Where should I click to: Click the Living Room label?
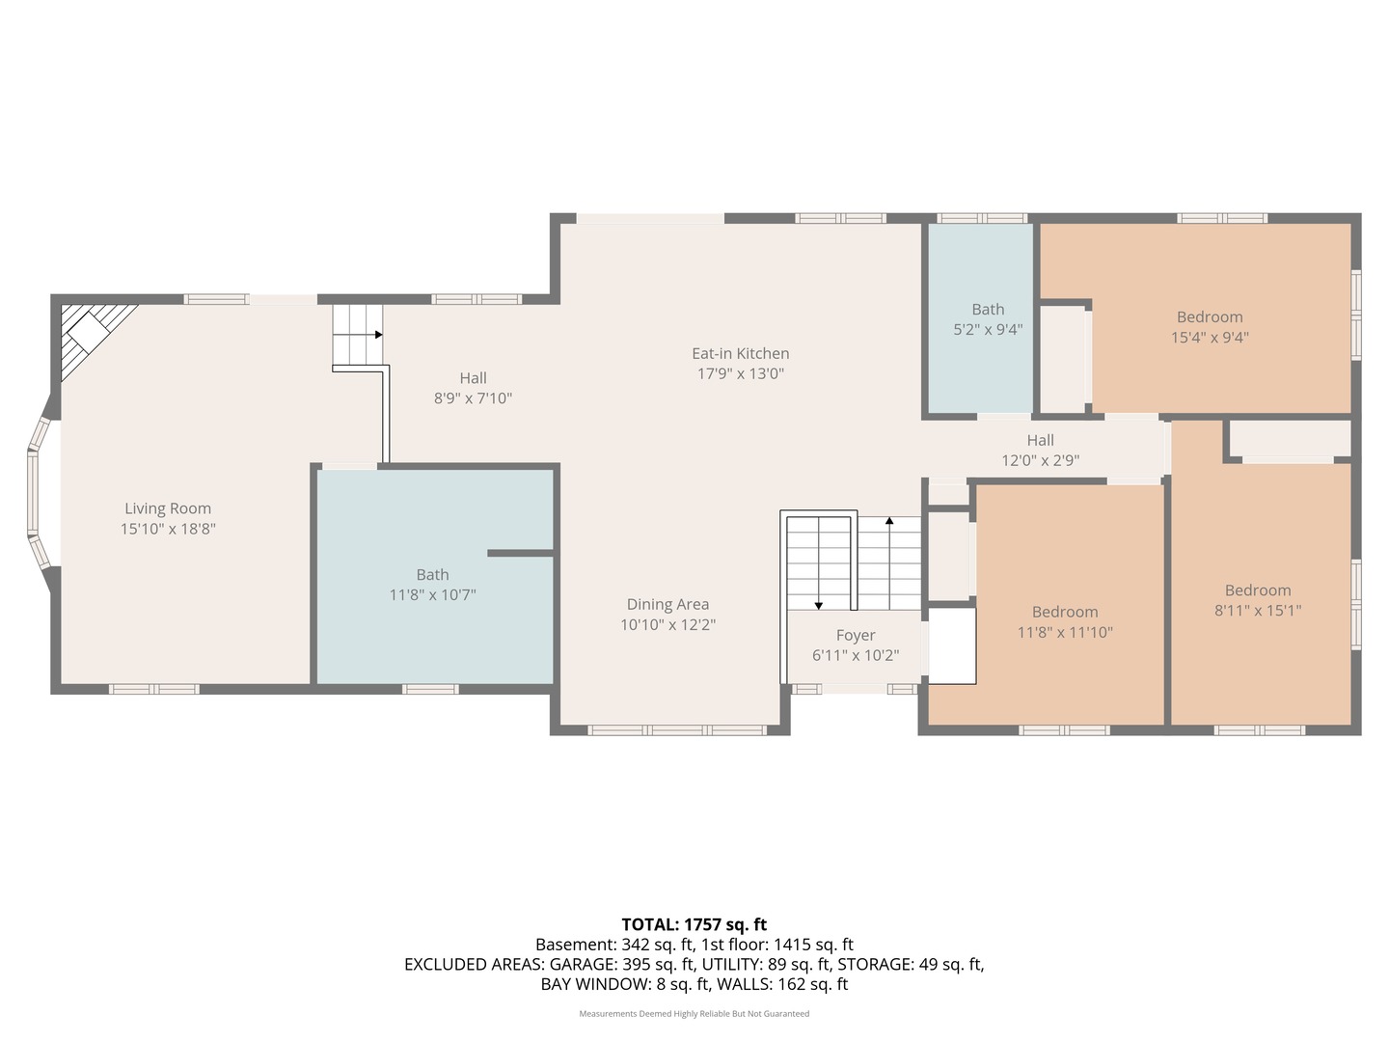[168, 508]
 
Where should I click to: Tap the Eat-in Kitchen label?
[740, 354]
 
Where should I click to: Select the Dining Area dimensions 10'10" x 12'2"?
[667, 625]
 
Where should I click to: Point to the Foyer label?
[856, 635]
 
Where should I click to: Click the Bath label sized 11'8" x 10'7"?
[432, 575]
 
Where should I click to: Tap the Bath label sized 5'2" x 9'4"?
[988, 310]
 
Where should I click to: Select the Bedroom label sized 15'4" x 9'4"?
[1210, 317]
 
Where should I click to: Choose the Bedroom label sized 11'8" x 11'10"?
[1065, 612]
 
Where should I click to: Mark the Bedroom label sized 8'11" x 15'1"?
[1258, 590]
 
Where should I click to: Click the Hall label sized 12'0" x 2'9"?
[1040, 441]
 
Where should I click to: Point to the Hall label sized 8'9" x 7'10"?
[473, 378]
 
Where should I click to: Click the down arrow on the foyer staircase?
[819, 605]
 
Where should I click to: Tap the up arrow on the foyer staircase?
[889, 521]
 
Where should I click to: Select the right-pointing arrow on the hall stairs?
[378, 335]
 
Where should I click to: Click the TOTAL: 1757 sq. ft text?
[694, 924]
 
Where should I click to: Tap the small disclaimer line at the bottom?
[694, 1014]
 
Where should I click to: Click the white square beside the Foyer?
[951, 645]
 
